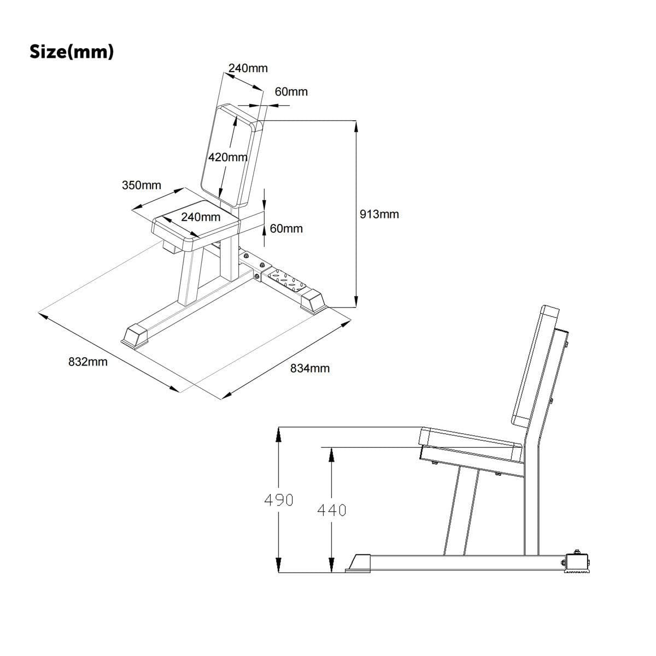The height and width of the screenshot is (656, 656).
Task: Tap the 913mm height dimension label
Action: pos(379,214)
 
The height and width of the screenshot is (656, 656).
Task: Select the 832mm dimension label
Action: pos(87,362)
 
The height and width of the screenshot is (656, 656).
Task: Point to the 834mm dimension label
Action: pos(309,368)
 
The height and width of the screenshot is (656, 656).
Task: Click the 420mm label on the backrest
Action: pos(227,157)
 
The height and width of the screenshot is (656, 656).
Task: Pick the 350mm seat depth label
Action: pos(141,185)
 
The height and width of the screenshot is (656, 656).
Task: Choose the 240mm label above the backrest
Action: pos(248,68)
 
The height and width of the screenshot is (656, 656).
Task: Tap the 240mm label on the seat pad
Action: pos(201,217)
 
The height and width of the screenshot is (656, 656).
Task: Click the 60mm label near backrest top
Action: pos(291,92)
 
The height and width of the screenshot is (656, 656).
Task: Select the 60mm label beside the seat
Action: pos(286,228)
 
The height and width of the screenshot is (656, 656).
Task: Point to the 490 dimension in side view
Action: pos(278,499)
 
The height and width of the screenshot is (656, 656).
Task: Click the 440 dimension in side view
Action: pos(331,510)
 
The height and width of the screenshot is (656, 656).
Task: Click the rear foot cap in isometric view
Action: pos(313,300)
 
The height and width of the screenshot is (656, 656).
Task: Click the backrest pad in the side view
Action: pos(534,366)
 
